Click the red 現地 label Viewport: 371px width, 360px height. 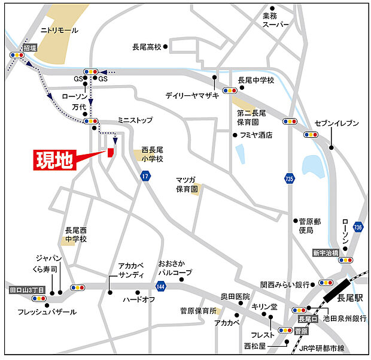click(x=54, y=161)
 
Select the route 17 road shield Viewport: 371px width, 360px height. click(x=145, y=176)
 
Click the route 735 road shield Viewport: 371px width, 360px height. click(x=290, y=178)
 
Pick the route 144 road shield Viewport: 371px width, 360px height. click(x=160, y=288)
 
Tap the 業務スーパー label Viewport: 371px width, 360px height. click(x=275, y=20)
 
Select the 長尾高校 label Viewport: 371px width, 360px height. click(x=147, y=46)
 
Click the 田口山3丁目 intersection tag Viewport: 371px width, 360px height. click(x=28, y=290)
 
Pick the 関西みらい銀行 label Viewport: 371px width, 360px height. click(x=285, y=284)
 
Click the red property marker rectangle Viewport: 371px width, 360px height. click(x=110, y=152)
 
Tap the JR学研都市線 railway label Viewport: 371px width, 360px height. click(x=326, y=349)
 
